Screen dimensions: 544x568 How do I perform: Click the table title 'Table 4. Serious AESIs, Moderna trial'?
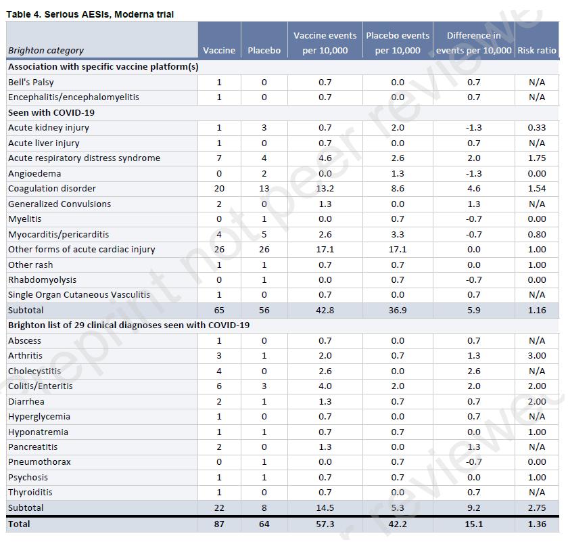(90, 14)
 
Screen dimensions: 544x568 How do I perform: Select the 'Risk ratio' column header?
(537, 50)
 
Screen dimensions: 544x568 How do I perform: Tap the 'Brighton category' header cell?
(46, 50)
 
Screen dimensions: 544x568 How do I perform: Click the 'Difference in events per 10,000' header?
(473, 43)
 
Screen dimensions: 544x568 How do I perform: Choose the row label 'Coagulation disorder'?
(52, 189)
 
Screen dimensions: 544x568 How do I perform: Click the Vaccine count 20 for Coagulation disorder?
(219, 189)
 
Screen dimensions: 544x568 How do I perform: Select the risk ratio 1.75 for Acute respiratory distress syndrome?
(537, 158)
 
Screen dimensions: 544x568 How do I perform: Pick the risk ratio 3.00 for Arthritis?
(537, 356)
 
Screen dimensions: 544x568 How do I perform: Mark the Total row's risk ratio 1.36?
(537, 524)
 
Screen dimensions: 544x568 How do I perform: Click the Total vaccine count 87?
(219, 524)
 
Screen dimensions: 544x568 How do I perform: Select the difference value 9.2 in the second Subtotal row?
(473, 507)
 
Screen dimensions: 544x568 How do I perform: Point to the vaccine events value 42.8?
(325, 310)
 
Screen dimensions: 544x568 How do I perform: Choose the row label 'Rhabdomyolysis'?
(42, 280)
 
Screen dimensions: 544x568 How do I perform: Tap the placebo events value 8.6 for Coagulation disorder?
(398, 189)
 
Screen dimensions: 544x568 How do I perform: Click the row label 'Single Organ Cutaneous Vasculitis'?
(79, 295)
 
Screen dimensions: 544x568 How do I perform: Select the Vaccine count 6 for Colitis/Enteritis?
(219, 386)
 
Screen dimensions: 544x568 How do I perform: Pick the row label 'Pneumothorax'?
(39, 462)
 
